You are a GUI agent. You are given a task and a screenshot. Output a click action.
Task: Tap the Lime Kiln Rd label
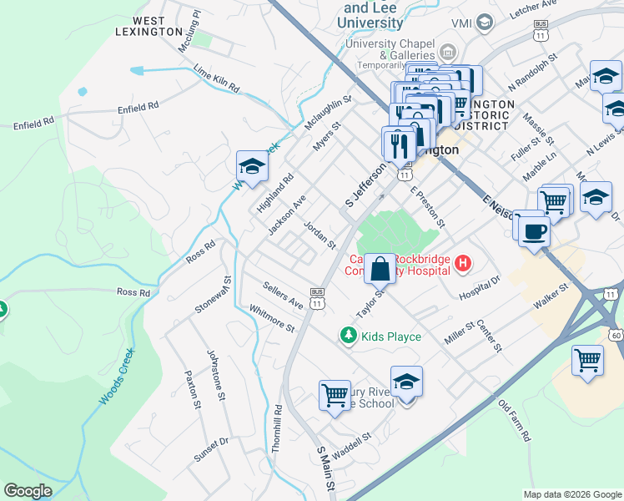point(216,79)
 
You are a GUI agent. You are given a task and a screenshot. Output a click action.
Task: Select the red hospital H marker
point(463,265)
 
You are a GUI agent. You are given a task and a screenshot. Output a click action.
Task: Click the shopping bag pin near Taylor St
point(380,270)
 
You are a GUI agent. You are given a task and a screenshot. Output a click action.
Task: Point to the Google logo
point(28,491)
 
